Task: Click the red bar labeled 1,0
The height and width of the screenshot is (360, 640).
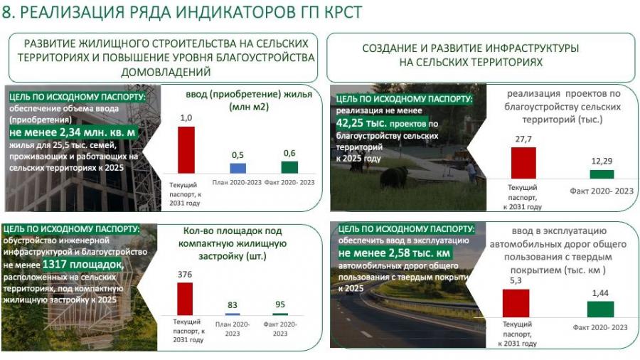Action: point(186,150)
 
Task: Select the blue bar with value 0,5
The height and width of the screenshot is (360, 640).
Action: point(238,168)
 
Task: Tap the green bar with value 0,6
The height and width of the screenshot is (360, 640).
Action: point(289,167)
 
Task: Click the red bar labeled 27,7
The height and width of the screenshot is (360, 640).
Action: point(523,163)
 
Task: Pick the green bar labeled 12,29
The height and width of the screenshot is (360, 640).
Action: point(602,174)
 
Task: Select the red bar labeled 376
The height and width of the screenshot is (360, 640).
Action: point(185,299)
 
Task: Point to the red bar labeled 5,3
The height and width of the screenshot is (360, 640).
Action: point(516,303)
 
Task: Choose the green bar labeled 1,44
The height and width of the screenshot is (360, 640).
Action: point(600,309)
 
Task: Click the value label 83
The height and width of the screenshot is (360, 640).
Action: point(233,305)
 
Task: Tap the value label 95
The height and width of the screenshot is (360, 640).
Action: point(280,304)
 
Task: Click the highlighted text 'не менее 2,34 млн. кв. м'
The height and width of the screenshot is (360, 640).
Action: point(73,132)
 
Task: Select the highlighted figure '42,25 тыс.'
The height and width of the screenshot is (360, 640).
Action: point(362,123)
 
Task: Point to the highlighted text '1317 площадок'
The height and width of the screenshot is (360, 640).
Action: point(82,265)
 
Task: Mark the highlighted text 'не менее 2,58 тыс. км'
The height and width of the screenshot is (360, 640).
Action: point(394,253)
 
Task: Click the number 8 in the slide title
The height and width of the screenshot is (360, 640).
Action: point(6,12)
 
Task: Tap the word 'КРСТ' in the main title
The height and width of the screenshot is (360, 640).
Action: point(343,12)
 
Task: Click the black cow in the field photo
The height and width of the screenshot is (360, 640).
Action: point(394,177)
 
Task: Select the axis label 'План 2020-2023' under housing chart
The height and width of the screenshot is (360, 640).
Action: point(237,182)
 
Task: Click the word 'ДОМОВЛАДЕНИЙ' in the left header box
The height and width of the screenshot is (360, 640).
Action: point(166,73)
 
